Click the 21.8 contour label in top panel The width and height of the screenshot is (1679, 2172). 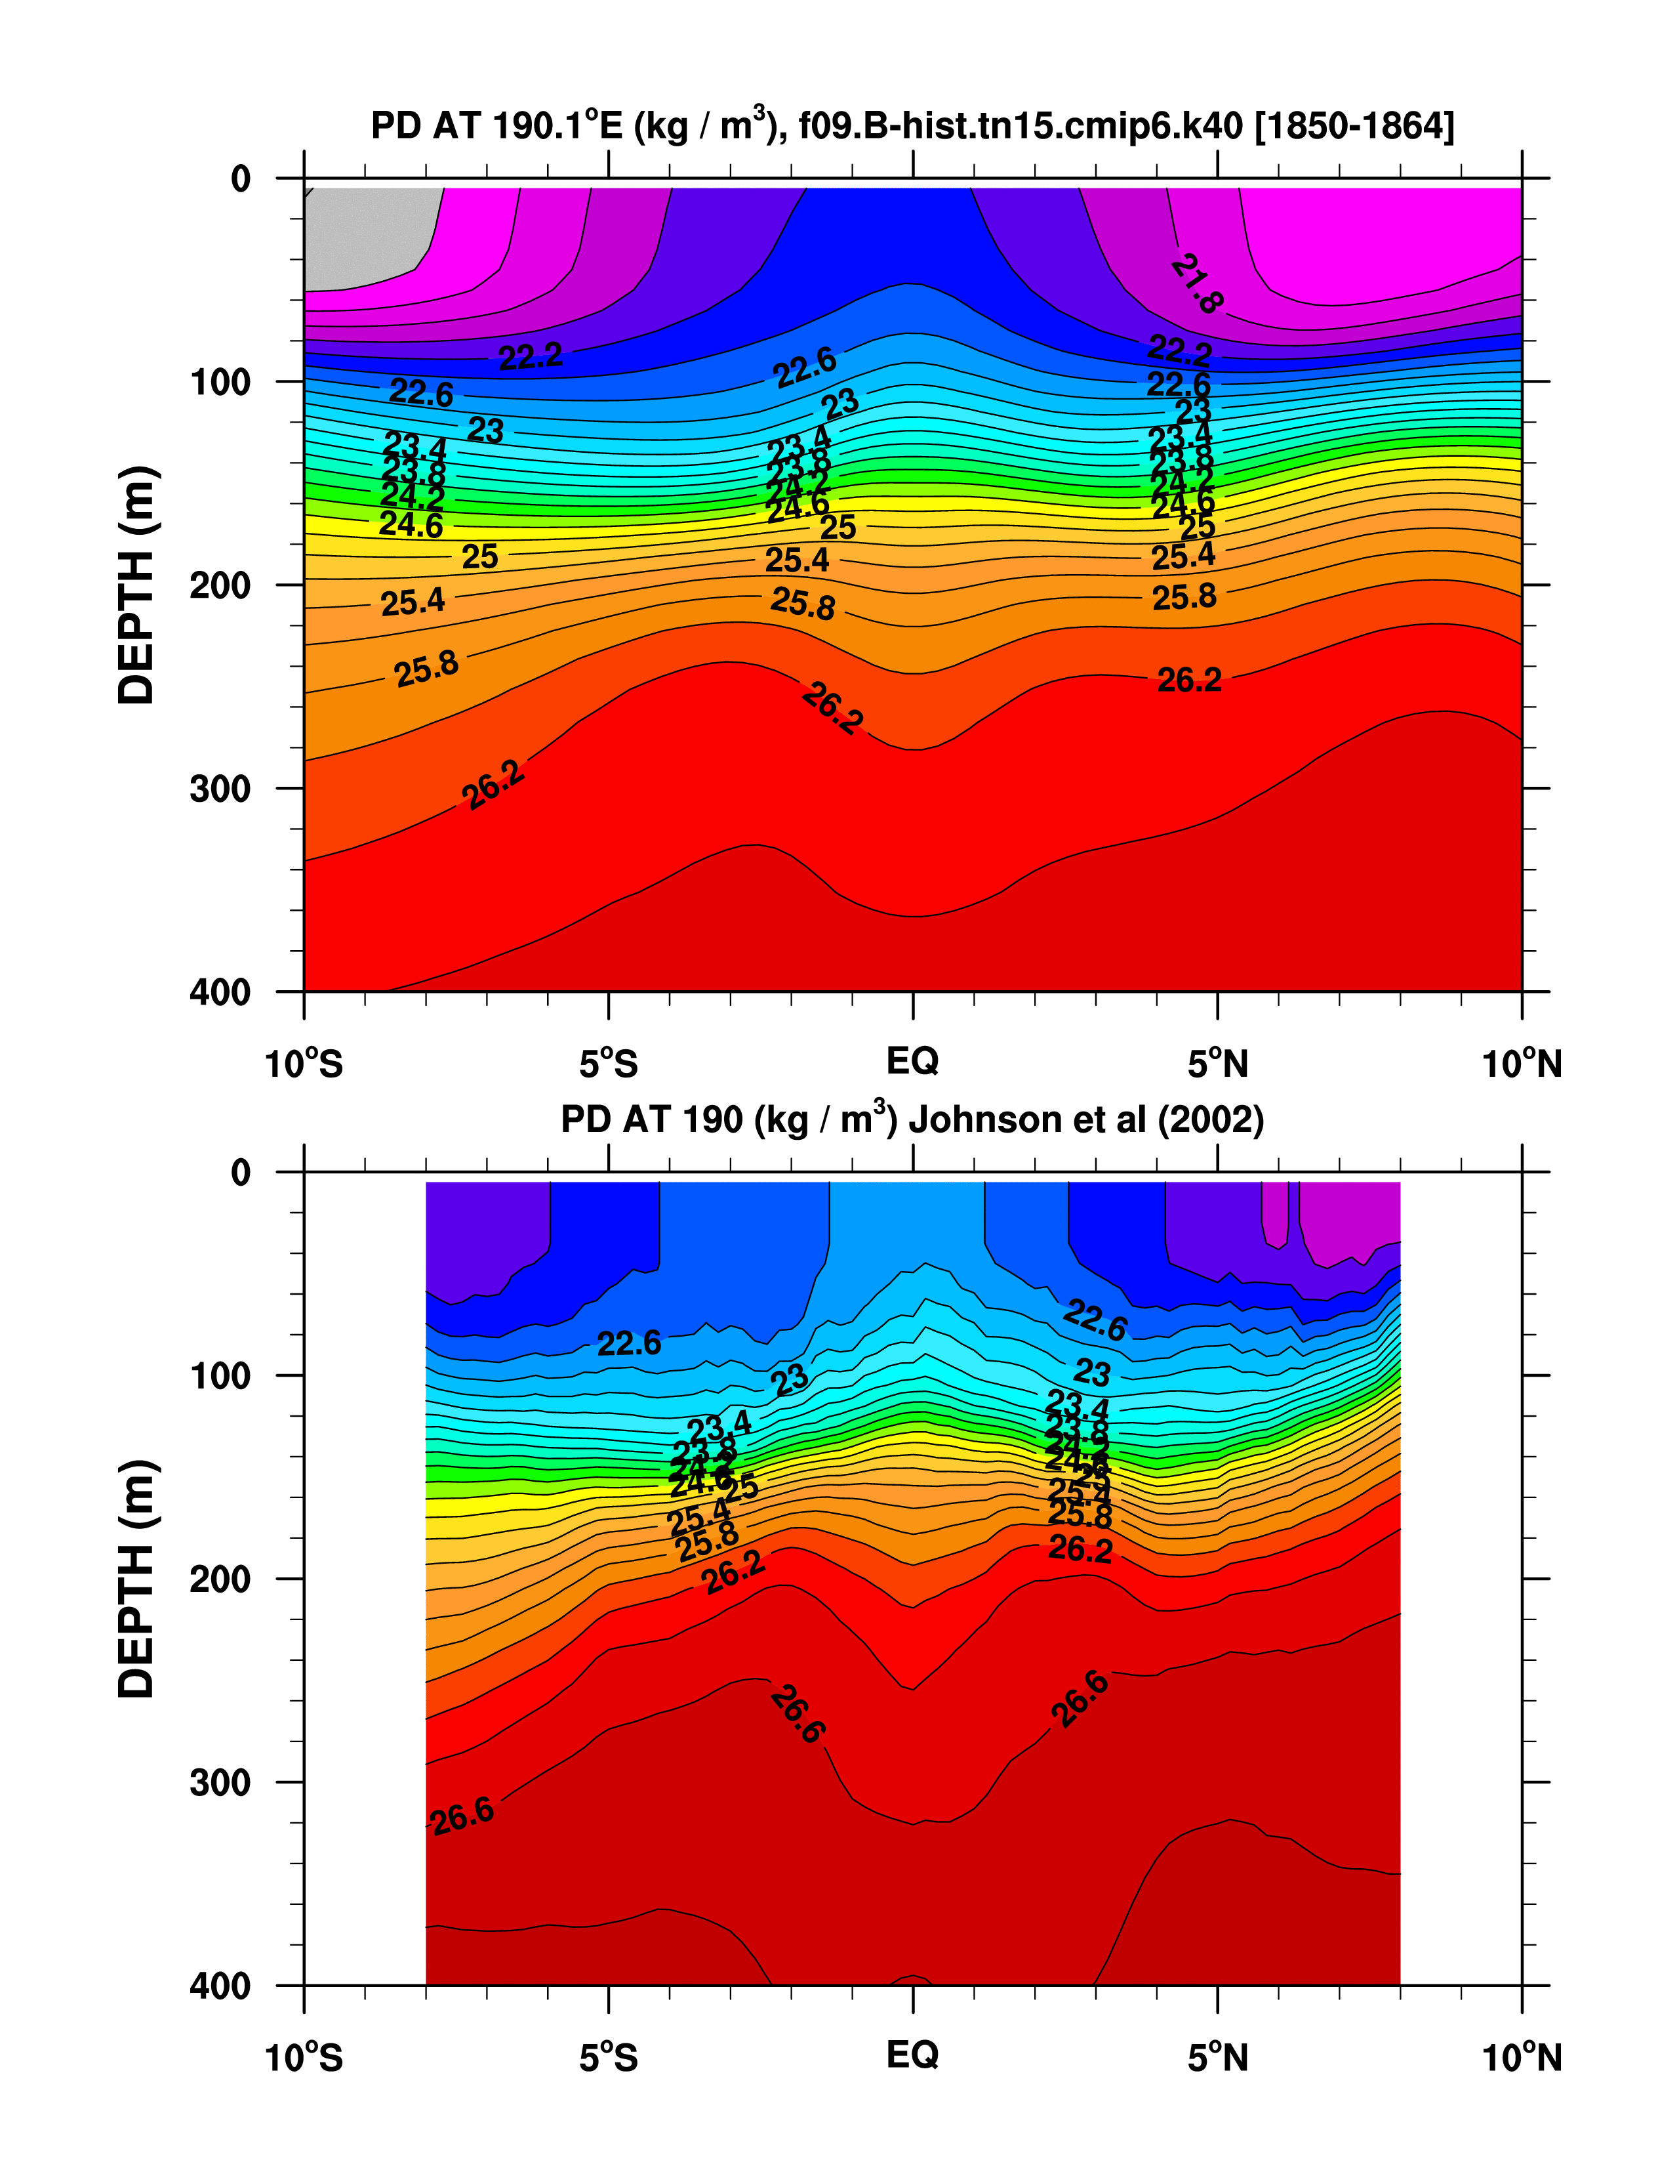point(1196,283)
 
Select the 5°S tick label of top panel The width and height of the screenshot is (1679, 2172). point(609,1065)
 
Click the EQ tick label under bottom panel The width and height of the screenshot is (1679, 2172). point(912,2054)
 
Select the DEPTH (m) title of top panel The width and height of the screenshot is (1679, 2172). point(137,585)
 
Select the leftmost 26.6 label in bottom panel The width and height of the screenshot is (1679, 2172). point(462,1815)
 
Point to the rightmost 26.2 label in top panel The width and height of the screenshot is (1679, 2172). point(1189,680)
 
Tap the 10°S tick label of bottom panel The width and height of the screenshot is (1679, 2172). point(304,2058)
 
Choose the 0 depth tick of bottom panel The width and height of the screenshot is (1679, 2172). point(241,1173)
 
